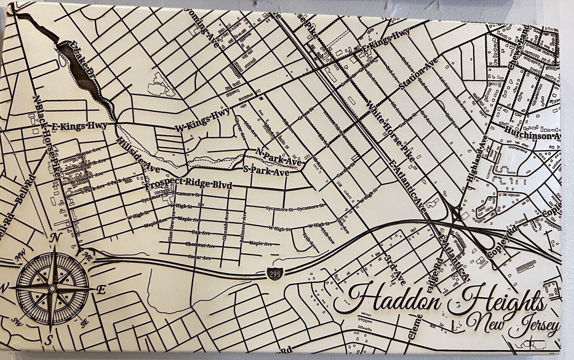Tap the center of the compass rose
53,288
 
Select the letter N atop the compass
54,238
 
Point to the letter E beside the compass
101,290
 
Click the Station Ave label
418,75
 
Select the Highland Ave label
477,158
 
